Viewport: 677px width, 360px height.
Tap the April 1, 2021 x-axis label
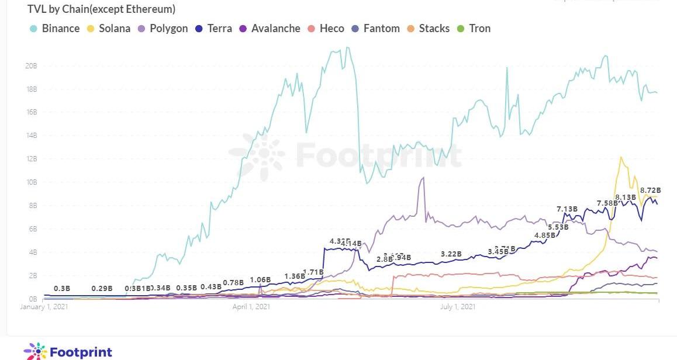pos(251,306)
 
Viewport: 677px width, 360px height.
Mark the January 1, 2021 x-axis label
pos(44,306)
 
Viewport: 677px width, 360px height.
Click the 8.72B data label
pos(650,191)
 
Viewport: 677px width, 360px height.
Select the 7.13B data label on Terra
pos(567,209)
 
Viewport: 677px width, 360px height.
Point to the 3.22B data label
pos(451,254)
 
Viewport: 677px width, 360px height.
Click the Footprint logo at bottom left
pos(68,351)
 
